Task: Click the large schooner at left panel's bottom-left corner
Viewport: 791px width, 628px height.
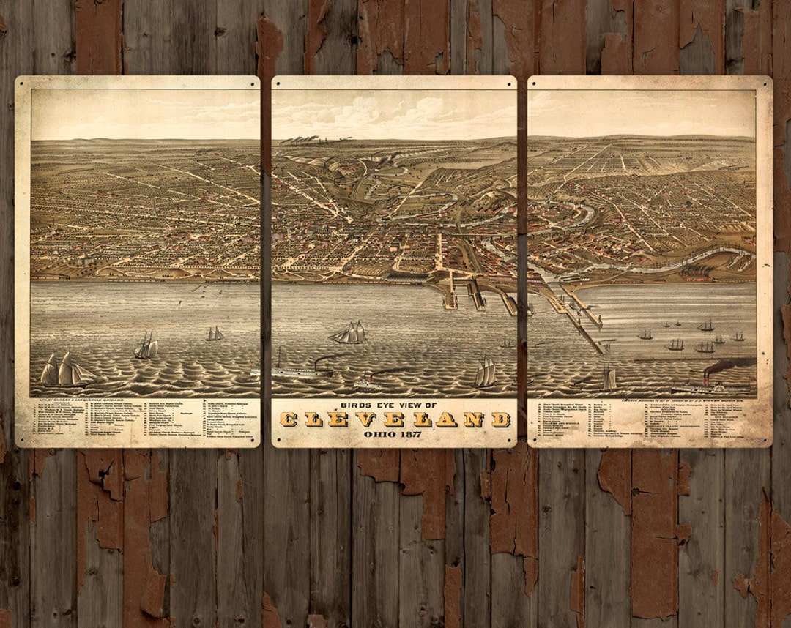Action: (x=64, y=371)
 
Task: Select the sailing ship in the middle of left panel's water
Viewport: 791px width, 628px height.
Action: (x=146, y=345)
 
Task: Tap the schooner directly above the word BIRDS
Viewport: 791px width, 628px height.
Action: (x=350, y=334)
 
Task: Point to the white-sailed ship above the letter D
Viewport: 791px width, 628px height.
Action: (x=485, y=373)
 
